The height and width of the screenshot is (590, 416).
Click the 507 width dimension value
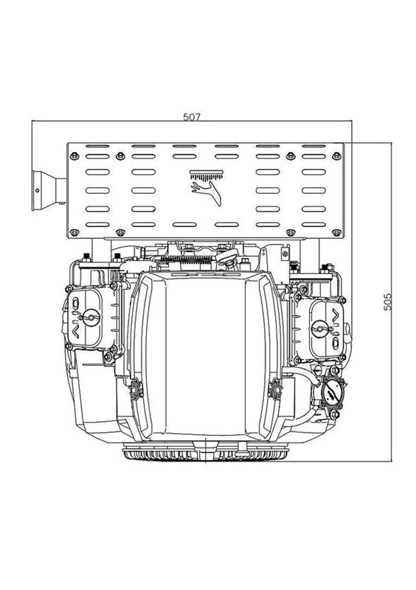click(192, 117)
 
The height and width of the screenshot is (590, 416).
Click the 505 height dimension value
click(387, 302)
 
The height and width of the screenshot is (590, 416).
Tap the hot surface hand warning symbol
click(207, 188)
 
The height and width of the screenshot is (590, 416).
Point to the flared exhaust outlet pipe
click(49, 190)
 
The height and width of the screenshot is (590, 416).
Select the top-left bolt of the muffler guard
click(74, 156)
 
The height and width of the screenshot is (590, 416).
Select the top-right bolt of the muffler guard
click(336, 156)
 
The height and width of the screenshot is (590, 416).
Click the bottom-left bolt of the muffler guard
click(74, 232)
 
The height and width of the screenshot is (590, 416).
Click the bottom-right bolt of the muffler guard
click(336, 233)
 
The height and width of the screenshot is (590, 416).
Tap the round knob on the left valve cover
click(91, 317)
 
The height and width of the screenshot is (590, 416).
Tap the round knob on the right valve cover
click(320, 328)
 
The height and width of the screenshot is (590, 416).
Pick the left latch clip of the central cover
click(136, 389)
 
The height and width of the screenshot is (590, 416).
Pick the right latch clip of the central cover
click(275, 389)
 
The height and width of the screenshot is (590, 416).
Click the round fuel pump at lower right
click(332, 393)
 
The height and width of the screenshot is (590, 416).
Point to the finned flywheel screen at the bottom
click(206, 452)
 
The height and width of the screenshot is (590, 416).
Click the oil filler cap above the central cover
click(226, 257)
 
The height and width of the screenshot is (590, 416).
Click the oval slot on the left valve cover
click(75, 303)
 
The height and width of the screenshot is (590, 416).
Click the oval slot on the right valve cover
click(336, 343)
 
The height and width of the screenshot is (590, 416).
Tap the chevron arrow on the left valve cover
click(75, 332)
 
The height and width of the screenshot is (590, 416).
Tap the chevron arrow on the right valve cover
click(336, 314)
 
